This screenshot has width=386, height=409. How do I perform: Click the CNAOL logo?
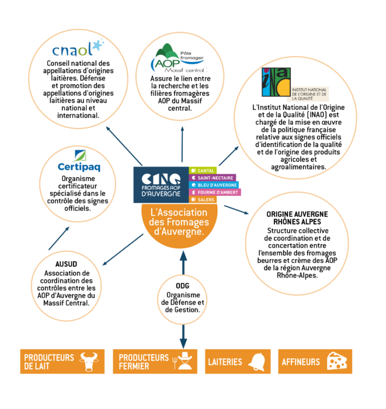point(78,48)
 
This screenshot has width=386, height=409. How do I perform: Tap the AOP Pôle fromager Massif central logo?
point(178,58)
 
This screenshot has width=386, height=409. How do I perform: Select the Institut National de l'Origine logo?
point(295,85)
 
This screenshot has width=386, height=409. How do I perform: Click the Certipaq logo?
point(79,161)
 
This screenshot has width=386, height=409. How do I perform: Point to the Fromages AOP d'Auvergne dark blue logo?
point(161,185)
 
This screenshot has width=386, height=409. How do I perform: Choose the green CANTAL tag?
point(204,170)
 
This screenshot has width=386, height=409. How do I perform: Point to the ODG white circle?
point(183,299)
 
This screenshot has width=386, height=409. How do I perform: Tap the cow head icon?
point(89,362)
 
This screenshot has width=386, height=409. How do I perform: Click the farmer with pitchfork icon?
point(184,362)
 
